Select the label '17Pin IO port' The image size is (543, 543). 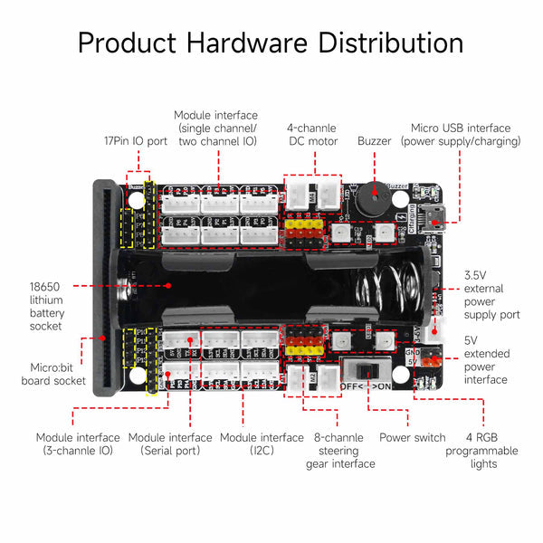[x=135, y=141]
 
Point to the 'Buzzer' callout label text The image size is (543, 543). [x=374, y=141]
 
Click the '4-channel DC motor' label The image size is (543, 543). [x=312, y=135]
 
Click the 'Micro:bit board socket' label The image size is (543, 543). [x=47, y=374]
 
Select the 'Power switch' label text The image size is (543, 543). [x=412, y=438]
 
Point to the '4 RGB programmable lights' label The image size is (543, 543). [x=493, y=451]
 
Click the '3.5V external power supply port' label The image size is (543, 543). [x=491, y=295]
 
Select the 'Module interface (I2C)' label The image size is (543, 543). [x=262, y=444]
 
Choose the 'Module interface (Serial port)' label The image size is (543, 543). [x=170, y=444]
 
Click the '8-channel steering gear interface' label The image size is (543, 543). [x=338, y=451]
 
